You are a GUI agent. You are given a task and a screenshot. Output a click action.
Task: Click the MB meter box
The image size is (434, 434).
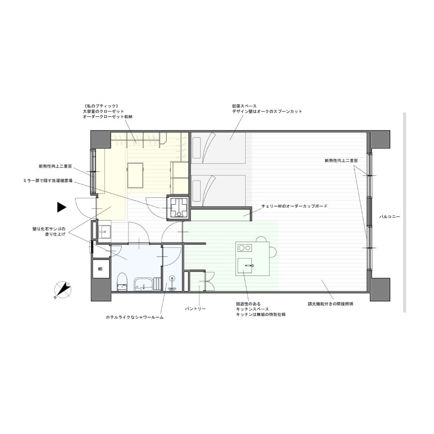pyautogui.click(x=101, y=269)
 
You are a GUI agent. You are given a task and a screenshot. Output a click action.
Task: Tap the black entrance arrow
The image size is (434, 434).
pyautogui.click(x=62, y=207)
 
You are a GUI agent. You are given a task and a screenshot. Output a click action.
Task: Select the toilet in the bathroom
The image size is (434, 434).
pyautogui.click(x=122, y=282)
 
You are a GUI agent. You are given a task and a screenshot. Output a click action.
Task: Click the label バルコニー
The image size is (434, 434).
pyautogui.click(x=389, y=217)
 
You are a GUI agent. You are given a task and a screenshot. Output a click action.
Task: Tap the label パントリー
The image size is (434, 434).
pyautogui.click(x=195, y=309)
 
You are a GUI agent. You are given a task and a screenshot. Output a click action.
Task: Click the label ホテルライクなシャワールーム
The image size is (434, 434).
pyautogui.click(x=135, y=318)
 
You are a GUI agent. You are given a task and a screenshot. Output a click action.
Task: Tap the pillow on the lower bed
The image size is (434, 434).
pyautogui.click(x=197, y=191)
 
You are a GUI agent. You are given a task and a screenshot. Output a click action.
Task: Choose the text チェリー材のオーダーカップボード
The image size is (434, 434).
pyautogui.click(x=295, y=206)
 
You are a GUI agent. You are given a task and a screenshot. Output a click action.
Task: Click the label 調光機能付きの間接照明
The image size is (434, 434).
pyautogui.click(x=330, y=304)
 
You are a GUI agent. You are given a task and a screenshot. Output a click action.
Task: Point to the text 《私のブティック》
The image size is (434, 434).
pyautogui.click(x=101, y=106)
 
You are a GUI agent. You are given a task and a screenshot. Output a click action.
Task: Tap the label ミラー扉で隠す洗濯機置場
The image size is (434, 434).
pyautogui.click(x=48, y=181)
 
